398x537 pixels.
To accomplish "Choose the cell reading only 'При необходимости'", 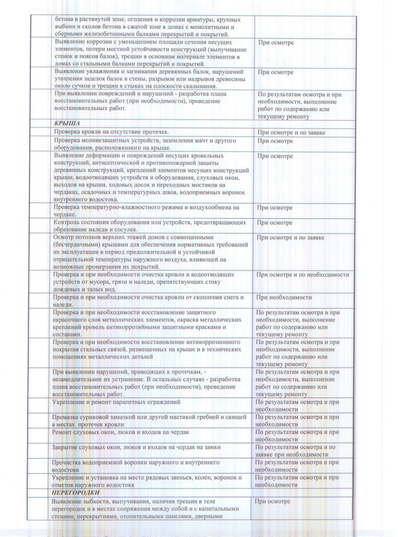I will click(x=284, y=298).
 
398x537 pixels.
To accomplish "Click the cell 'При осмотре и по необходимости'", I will click(x=302, y=275).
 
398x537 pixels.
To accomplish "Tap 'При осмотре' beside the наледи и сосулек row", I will click(x=274, y=223).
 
